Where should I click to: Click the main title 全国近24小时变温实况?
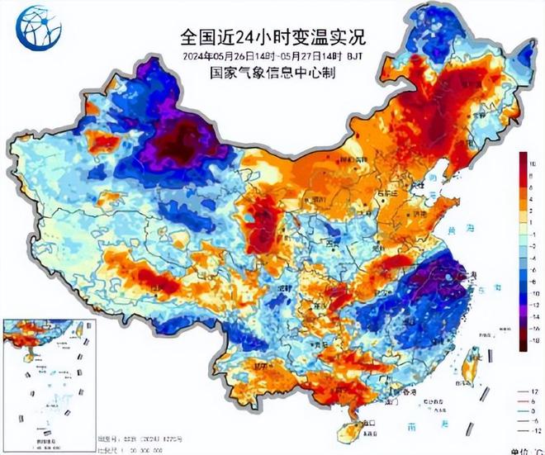(x=272, y=37)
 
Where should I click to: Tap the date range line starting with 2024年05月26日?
(x=272, y=56)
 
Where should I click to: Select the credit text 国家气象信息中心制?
(x=272, y=73)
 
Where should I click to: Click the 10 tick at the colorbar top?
(x=533, y=164)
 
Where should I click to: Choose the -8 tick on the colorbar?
(x=533, y=281)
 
